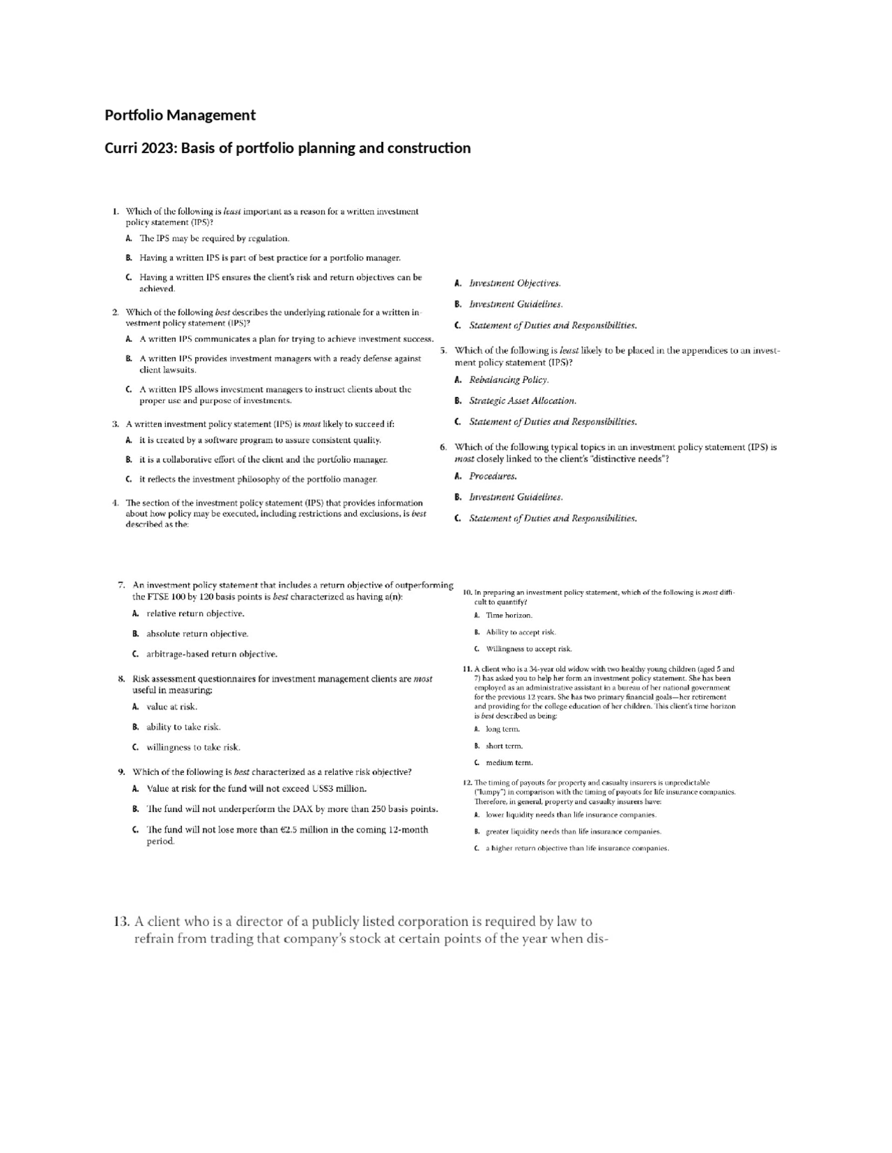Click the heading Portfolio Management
coord(180,116)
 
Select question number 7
coord(121,585)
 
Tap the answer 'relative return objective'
coord(195,613)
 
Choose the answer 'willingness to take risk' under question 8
coord(193,747)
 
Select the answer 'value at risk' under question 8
coord(171,706)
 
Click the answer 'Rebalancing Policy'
coord(509,379)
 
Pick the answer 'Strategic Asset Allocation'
coord(523,400)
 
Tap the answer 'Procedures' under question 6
coord(493,476)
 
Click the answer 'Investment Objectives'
coord(514,283)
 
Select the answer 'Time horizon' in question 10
coord(509,615)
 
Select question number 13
coord(121,922)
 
